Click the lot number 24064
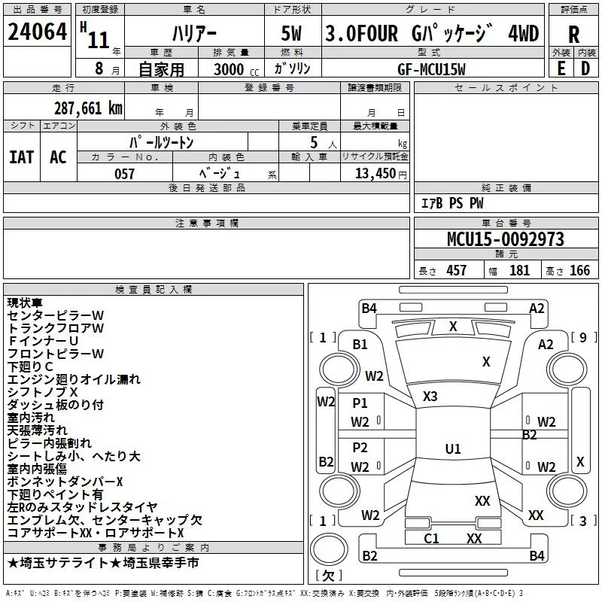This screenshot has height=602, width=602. pyautogui.click(x=37, y=32)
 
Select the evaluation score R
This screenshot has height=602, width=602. pyautogui.click(x=573, y=35)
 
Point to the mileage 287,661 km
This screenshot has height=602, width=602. pyautogui.click(x=88, y=108)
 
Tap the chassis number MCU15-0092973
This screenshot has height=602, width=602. pyautogui.click(x=506, y=240)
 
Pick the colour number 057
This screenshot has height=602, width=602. pyautogui.click(x=124, y=174)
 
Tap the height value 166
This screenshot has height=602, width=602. pyautogui.click(x=579, y=270)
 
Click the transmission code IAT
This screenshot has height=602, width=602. pyautogui.click(x=21, y=157)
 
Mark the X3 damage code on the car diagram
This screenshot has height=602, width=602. pyautogui.click(x=430, y=397)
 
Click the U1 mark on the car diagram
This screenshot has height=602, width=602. pyautogui.click(x=452, y=449)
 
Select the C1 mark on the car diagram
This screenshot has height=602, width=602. pyautogui.click(x=431, y=538)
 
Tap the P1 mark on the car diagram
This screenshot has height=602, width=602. pyautogui.click(x=360, y=403)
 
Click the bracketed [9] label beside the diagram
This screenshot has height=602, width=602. pyautogui.click(x=583, y=337)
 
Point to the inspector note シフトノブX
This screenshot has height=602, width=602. pyautogui.click(x=43, y=392)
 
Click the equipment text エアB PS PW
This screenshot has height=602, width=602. pyautogui.click(x=451, y=203)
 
